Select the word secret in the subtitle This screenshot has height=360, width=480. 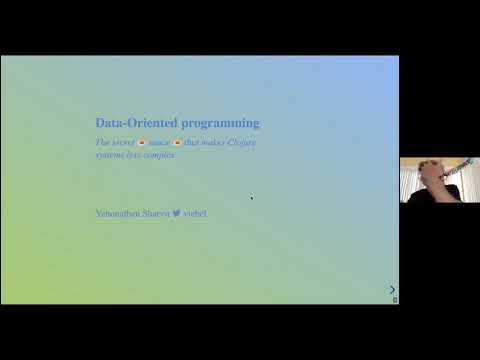click(122, 142)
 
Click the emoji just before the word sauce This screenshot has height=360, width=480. click(142, 142)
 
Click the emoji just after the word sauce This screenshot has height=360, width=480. click(178, 142)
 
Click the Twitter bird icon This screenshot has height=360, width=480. click(176, 213)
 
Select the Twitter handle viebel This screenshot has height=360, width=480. click(195, 213)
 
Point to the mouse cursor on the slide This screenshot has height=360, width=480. click(251, 197)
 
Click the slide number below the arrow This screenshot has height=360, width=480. click(394, 300)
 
